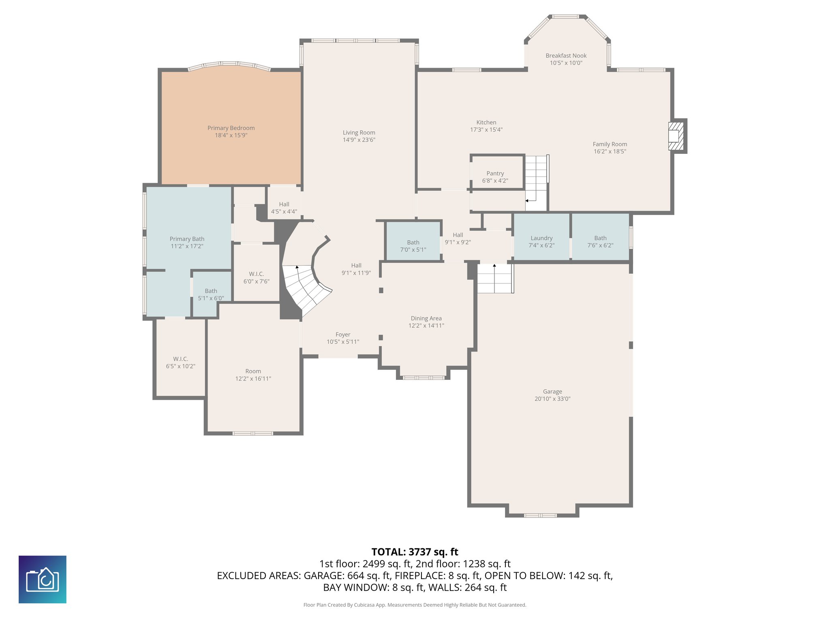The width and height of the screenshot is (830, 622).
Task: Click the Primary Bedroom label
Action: (231, 128)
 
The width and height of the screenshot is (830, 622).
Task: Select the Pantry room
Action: (495, 177)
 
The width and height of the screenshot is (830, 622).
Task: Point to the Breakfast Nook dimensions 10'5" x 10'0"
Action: (566, 63)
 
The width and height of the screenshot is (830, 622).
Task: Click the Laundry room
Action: (541, 241)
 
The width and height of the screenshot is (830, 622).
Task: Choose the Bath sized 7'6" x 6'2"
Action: (600, 241)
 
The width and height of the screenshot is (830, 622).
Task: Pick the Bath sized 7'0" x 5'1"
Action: (413, 246)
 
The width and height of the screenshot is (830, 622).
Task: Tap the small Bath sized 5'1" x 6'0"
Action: (211, 294)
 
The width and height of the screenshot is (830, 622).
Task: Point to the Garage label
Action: (552, 392)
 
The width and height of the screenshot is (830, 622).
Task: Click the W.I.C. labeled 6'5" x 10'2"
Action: (180, 362)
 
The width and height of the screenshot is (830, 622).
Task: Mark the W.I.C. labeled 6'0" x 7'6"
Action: (256, 277)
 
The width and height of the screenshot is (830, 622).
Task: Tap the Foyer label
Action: (343, 334)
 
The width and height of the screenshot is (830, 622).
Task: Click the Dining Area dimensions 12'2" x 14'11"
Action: (426, 326)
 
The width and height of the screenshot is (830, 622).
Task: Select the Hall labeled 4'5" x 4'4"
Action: (284, 208)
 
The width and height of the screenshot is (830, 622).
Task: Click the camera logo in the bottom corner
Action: (43, 579)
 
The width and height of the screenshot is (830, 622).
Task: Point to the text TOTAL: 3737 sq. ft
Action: (415, 552)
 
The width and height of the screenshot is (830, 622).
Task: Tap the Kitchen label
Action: (486, 122)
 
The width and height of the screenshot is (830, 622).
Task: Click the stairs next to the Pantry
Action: (536, 182)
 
